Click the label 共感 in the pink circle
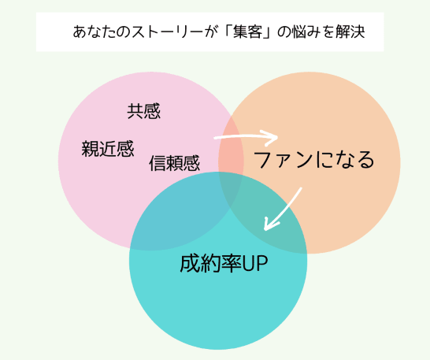143,111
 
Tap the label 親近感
108,149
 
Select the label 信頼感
174,163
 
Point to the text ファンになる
313,160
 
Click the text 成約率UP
224,263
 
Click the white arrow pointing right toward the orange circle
246,137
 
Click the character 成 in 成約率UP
190,263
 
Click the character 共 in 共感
135,111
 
